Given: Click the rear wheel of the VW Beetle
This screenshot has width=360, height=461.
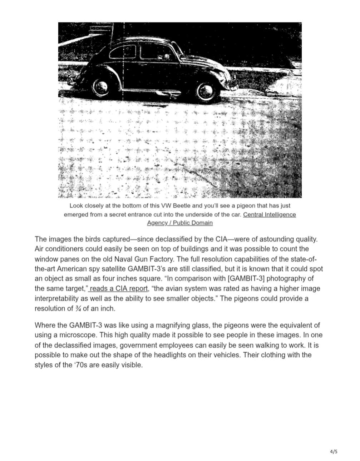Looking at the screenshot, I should point(101,86).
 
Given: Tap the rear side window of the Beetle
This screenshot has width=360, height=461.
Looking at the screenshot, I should point(122,53).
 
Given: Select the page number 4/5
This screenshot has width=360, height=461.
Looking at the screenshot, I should point(333,451).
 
